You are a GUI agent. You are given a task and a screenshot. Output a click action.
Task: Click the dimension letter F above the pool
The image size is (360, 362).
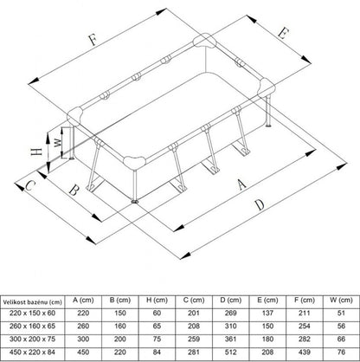93,40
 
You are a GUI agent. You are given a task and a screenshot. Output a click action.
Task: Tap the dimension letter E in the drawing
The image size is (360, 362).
283,33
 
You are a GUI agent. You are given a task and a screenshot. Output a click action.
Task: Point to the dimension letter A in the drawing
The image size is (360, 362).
241,184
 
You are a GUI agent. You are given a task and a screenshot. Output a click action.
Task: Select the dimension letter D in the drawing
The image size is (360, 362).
260,204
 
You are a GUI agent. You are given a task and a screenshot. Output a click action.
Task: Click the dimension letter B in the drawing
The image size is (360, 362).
74,191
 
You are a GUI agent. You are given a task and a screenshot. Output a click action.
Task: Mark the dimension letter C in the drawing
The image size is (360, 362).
29,186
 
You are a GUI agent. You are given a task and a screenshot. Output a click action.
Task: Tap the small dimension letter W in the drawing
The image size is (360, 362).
58,142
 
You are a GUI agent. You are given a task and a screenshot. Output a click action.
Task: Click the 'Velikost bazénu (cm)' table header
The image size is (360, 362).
33,302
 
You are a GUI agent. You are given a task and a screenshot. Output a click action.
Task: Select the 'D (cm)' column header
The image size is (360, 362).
230,301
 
